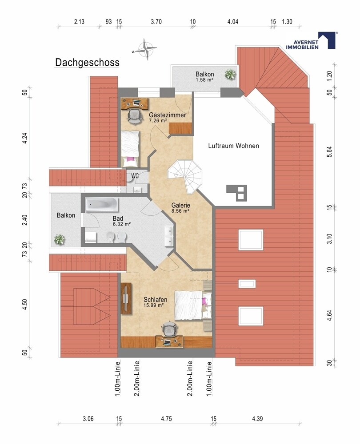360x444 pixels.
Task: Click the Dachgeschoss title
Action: tap(87, 63)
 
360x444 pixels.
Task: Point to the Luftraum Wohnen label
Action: tap(234, 146)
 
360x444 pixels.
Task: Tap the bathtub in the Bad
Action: tap(102, 204)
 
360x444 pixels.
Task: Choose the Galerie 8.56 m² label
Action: tap(180, 207)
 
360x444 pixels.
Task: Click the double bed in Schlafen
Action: tap(193, 305)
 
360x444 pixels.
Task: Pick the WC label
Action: tap(135, 176)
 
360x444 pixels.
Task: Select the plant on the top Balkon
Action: tap(230, 74)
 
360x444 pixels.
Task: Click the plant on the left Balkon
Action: tap(59, 240)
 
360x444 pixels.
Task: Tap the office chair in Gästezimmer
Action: tap(134, 116)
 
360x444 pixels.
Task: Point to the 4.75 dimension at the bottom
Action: tap(166, 419)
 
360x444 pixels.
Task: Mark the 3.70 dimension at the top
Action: tap(156, 22)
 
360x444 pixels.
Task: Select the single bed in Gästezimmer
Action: tap(130, 149)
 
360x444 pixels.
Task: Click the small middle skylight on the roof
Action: tap(247, 283)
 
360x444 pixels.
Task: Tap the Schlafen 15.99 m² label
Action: tap(155, 302)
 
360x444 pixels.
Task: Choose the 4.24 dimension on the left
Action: tap(25, 138)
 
